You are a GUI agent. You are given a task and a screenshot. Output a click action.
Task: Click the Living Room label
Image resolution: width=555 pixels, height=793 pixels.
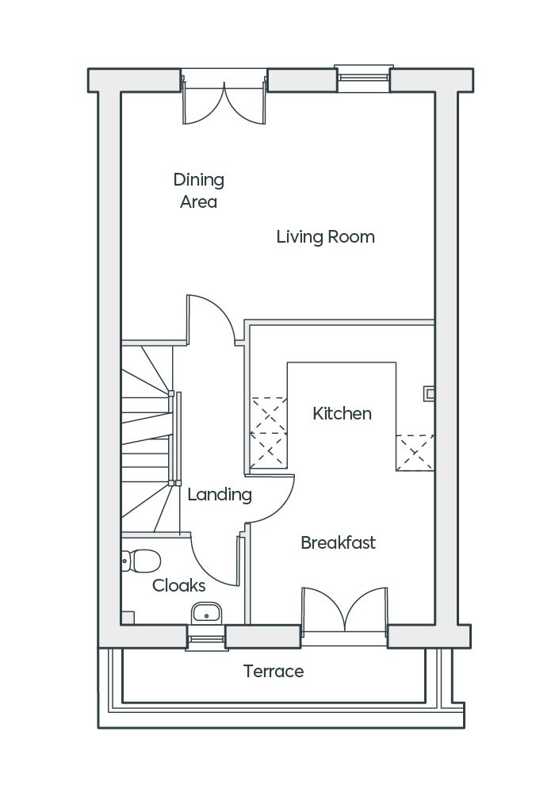(x=325, y=236)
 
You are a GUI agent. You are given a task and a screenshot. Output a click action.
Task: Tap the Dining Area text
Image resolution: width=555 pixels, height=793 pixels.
(x=199, y=190)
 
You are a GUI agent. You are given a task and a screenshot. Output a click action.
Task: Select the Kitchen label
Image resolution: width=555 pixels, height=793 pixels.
(x=342, y=413)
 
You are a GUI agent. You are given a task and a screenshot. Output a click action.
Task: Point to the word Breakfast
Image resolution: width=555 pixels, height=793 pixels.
(x=338, y=543)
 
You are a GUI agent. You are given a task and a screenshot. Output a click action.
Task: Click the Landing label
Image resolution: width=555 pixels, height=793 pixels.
(x=220, y=495)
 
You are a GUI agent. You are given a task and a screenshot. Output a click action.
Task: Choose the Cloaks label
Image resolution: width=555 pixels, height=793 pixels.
(x=179, y=585)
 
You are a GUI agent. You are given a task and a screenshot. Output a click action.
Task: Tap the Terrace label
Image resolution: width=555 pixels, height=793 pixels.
(x=274, y=672)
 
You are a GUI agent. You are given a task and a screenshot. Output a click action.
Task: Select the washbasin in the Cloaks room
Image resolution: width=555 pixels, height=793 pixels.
(x=206, y=613)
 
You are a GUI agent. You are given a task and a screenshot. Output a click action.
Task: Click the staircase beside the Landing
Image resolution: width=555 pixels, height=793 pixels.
(x=147, y=436)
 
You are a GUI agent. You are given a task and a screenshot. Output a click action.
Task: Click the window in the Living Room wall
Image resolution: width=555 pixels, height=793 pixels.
(x=363, y=76)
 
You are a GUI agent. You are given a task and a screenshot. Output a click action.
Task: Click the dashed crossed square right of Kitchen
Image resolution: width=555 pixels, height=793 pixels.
(x=415, y=453)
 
